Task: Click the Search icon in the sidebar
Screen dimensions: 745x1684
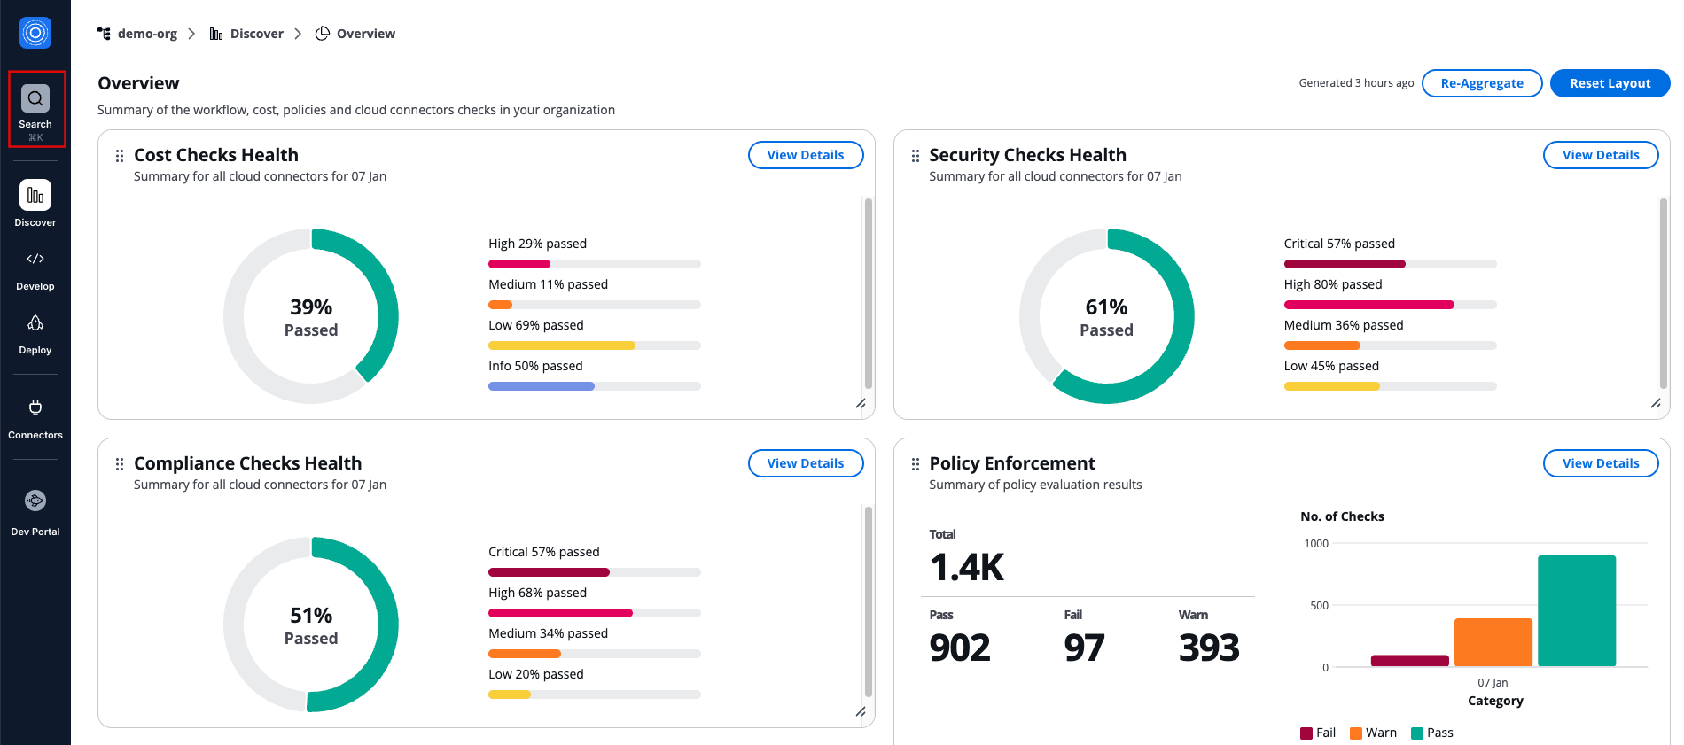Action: pos(35,99)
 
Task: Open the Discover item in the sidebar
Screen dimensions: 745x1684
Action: pos(35,196)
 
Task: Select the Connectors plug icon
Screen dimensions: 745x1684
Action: pos(35,408)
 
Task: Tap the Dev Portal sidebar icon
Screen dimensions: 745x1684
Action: pos(35,501)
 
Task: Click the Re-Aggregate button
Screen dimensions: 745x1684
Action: pos(1482,83)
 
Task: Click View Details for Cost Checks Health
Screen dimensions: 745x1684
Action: pos(805,155)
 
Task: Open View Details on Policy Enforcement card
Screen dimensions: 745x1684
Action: pos(1600,463)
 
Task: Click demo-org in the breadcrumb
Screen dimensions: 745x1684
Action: pos(147,34)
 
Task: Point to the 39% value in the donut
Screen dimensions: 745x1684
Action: pos(311,307)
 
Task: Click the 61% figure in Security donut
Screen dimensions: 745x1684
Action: pos(1106,307)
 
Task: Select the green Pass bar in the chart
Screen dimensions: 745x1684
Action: pos(1576,610)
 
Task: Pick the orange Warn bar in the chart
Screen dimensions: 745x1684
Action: pos(1493,642)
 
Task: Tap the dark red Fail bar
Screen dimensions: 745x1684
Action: pos(1409,661)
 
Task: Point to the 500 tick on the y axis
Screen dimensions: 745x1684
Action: pos(1319,606)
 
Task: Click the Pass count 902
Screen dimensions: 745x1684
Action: pos(960,648)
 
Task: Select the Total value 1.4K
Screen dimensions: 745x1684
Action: pos(967,567)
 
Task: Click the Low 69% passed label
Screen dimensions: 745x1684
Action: pos(536,325)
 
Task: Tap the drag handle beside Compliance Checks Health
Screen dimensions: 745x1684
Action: pos(120,464)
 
